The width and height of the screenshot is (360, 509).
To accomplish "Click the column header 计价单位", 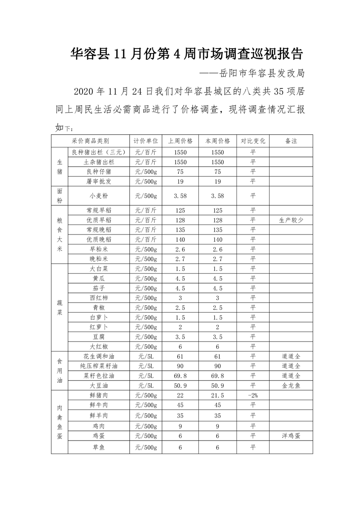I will (x=146, y=141).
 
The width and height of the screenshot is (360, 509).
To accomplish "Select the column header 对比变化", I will (x=253, y=141).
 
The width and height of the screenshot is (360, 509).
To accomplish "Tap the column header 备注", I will (x=291, y=141).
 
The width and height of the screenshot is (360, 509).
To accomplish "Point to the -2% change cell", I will (x=253, y=396).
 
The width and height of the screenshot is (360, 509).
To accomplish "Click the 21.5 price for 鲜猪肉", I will (x=218, y=396).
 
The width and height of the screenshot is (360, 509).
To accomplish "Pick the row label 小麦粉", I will (x=99, y=196).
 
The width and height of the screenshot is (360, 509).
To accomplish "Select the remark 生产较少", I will (x=291, y=220).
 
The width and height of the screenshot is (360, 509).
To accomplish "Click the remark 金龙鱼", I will (x=291, y=386).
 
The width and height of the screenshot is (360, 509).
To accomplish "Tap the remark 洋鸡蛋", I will (x=291, y=436).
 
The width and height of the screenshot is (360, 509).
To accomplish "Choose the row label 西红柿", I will (x=99, y=298).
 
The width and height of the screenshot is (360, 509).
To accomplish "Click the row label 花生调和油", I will (x=99, y=357).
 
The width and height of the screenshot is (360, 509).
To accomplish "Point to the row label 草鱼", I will (x=99, y=448).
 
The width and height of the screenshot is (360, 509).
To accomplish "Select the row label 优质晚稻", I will (x=99, y=239).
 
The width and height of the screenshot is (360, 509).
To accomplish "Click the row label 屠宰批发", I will (x=99, y=181).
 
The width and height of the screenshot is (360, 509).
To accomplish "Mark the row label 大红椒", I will (x=99, y=347).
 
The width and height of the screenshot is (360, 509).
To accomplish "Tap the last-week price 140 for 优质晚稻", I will (x=180, y=239).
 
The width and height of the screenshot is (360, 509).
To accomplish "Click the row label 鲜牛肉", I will (x=99, y=405).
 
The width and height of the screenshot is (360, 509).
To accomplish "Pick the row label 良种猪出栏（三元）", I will (x=99, y=152).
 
